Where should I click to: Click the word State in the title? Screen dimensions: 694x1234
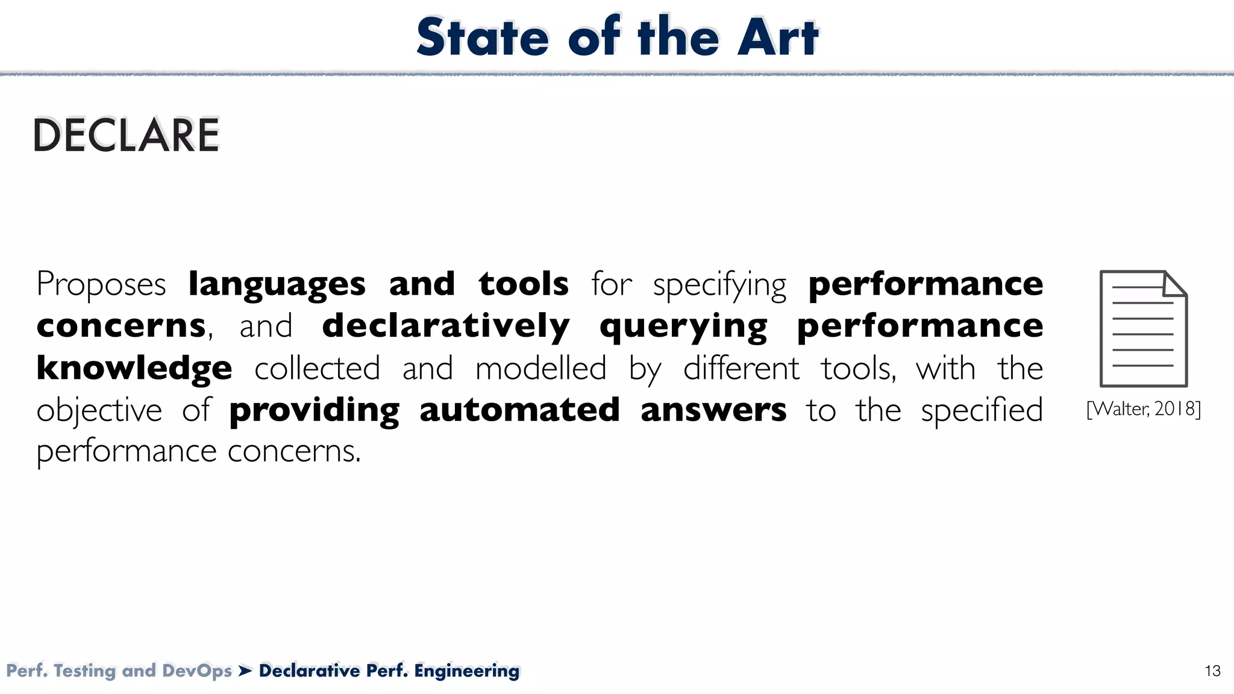click(x=483, y=37)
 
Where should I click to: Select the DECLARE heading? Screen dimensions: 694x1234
click(x=127, y=135)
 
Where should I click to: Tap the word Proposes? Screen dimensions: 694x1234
click(x=101, y=284)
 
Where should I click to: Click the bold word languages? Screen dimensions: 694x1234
click(x=277, y=284)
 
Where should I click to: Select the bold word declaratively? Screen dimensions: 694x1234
click(x=446, y=327)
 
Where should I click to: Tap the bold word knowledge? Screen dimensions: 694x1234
click(x=134, y=368)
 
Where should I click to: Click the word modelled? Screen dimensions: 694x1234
click(x=540, y=368)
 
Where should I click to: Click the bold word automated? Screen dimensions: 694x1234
click(x=519, y=410)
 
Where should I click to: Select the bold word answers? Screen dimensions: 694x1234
click(x=713, y=410)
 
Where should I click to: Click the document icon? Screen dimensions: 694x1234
click(x=1143, y=328)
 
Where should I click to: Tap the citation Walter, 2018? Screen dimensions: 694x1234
click(x=1143, y=409)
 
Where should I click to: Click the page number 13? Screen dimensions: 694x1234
click(x=1212, y=671)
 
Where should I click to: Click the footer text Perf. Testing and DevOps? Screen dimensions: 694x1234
click(x=119, y=671)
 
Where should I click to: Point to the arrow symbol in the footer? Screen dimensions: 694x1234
click(x=245, y=671)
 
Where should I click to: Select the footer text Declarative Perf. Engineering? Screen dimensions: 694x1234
click(x=389, y=671)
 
